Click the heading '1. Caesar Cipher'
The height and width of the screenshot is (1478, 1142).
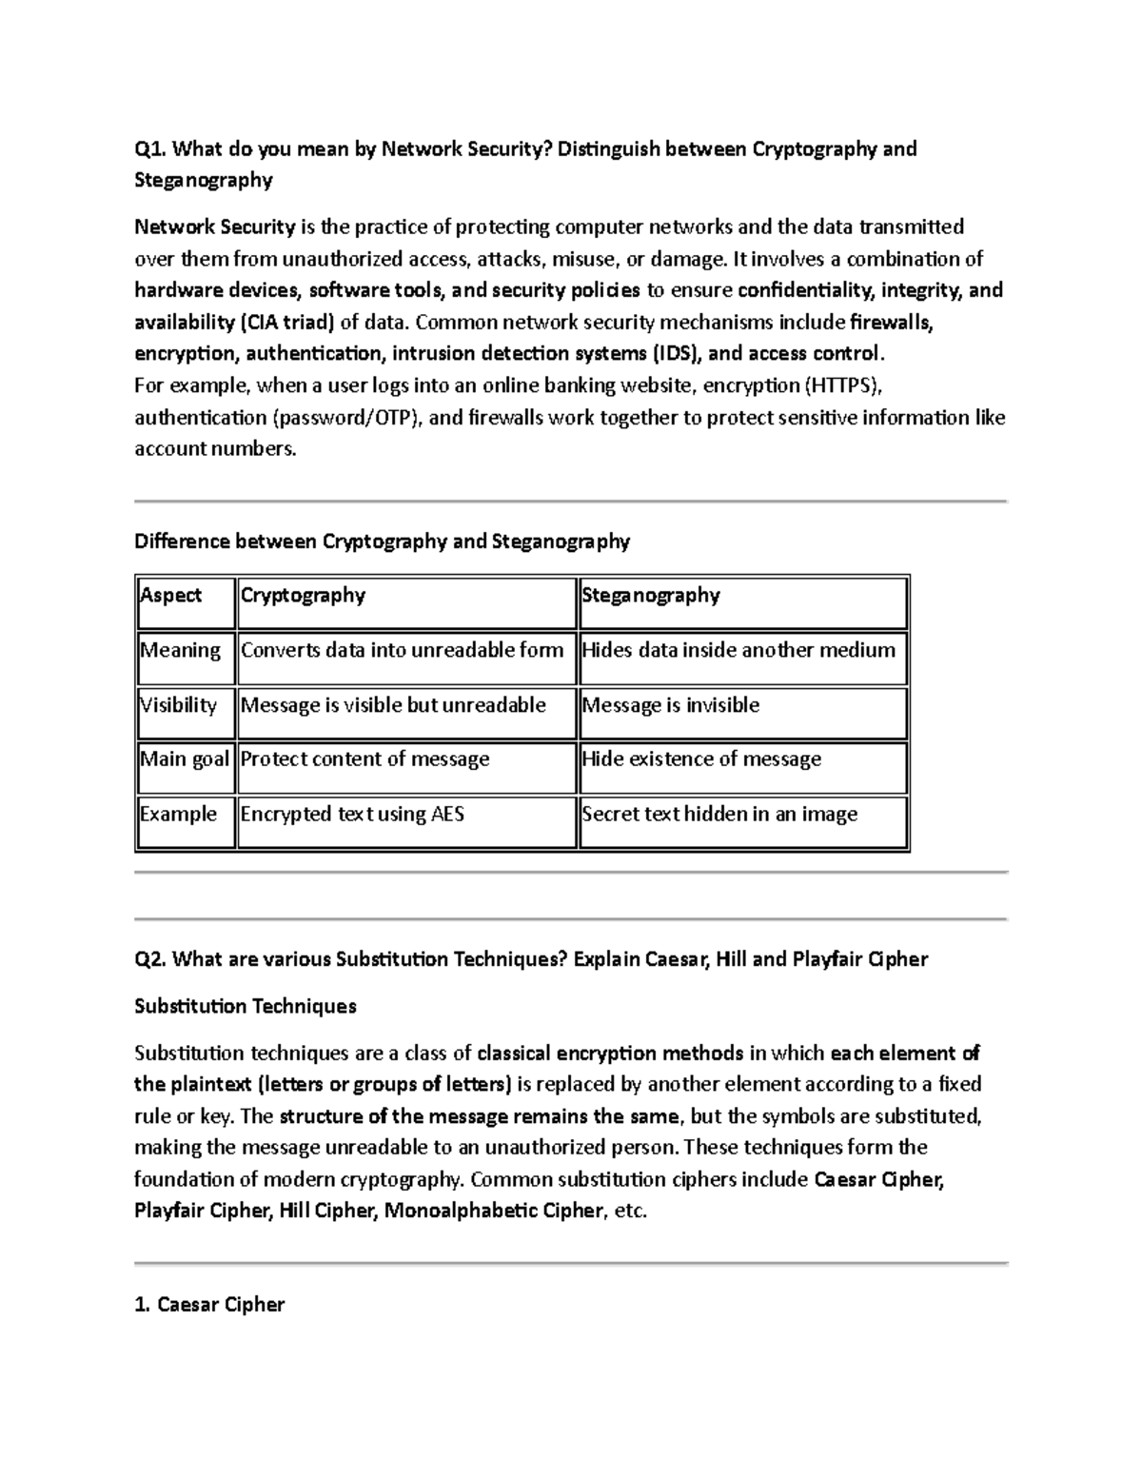pyautogui.click(x=209, y=1305)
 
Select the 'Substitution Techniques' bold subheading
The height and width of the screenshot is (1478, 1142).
pyautogui.click(x=246, y=1007)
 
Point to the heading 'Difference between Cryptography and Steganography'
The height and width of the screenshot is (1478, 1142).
pyautogui.click(x=382, y=542)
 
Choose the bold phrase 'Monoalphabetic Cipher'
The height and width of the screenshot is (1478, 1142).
pyautogui.click(x=493, y=1212)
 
